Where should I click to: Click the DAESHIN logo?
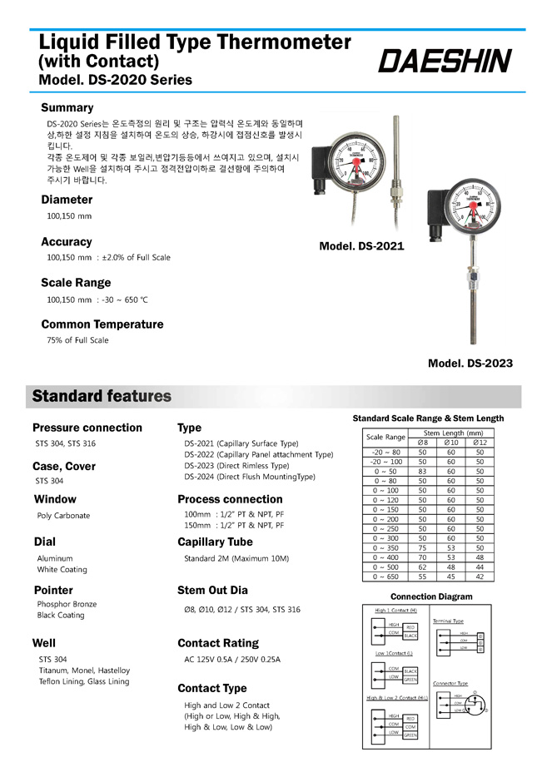click(x=445, y=60)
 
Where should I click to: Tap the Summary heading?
click(x=67, y=107)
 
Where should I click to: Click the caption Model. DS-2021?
click(x=361, y=246)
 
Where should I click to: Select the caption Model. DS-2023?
click(x=470, y=364)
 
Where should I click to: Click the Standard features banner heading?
click(x=102, y=396)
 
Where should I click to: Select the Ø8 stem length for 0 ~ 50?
click(x=422, y=471)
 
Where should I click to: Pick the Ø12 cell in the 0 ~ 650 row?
click(x=479, y=576)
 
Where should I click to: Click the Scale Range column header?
click(x=385, y=437)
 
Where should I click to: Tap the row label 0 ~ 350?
click(x=385, y=547)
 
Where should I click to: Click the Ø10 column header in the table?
click(x=450, y=442)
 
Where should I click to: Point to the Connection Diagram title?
click(x=431, y=596)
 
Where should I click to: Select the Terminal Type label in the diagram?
click(x=448, y=621)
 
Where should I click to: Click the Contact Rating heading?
click(x=217, y=643)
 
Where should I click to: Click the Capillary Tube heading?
click(x=214, y=542)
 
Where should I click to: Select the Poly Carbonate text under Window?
click(x=63, y=516)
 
